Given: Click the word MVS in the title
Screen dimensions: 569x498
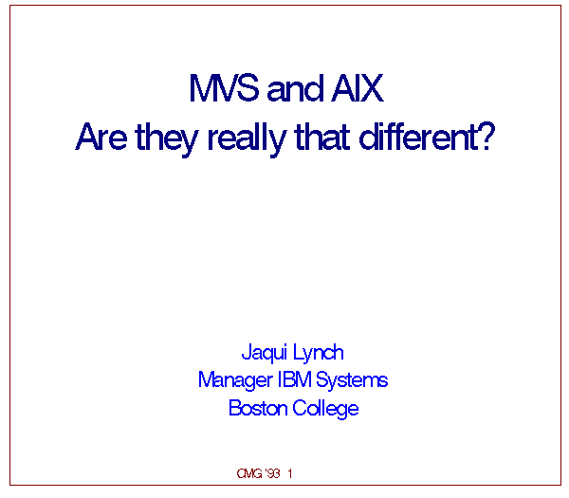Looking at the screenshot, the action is (224, 88).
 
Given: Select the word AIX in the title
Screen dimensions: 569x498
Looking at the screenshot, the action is (358, 88).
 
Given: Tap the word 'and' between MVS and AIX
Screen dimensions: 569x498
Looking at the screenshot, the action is (295, 88).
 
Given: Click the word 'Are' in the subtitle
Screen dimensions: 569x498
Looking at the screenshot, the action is (101, 137).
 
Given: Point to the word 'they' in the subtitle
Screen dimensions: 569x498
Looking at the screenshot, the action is (167, 139).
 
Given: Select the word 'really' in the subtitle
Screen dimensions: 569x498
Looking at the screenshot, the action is (248, 139).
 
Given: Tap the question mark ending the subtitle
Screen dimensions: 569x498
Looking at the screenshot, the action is (486, 136).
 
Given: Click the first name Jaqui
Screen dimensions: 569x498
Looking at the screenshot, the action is (265, 353).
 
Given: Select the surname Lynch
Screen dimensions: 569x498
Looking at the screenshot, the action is (318, 353).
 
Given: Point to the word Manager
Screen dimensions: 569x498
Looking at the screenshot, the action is (235, 381).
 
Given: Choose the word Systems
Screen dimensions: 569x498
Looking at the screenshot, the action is (352, 381).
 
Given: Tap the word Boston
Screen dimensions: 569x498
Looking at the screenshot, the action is (258, 408).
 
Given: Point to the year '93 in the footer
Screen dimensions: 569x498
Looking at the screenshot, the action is (273, 473).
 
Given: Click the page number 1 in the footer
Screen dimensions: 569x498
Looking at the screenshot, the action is (290, 473).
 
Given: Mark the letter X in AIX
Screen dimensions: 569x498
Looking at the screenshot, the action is (371, 88).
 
